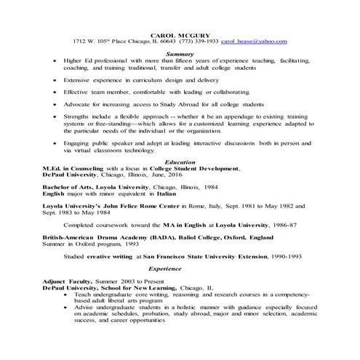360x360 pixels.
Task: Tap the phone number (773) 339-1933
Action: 194,42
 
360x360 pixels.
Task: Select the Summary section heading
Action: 180,54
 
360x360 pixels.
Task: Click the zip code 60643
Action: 155,42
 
